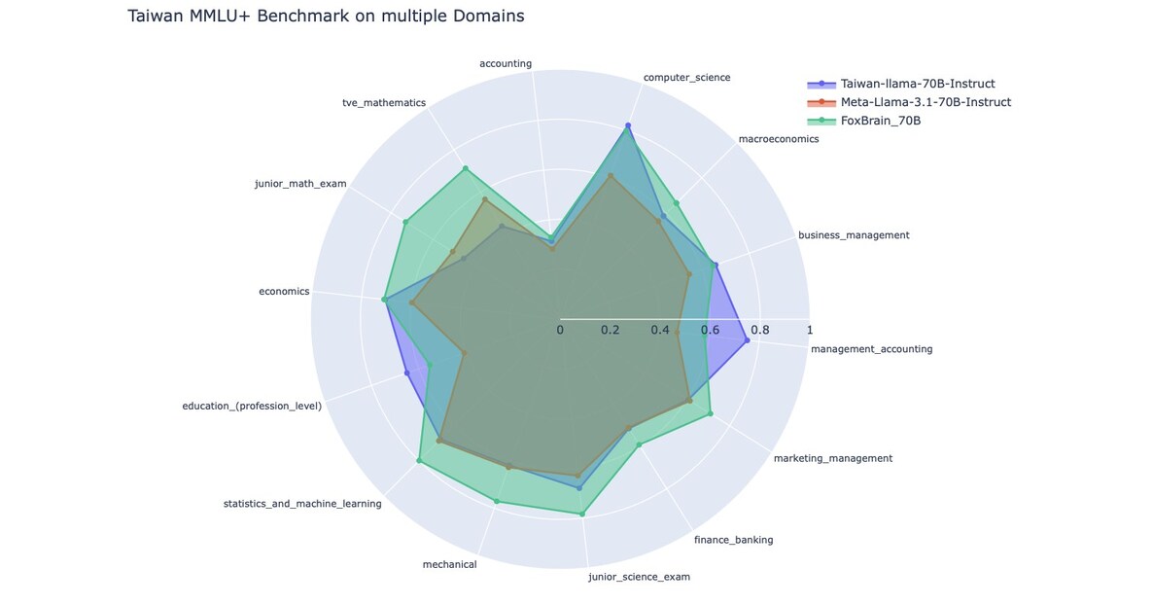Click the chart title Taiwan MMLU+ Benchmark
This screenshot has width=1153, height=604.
pyautogui.click(x=326, y=16)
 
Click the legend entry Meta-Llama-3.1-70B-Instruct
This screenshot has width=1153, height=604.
pyautogui.click(x=926, y=102)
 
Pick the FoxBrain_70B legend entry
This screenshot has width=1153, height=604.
pyautogui.click(x=880, y=121)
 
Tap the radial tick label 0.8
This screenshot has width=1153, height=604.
pyautogui.click(x=759, y=331)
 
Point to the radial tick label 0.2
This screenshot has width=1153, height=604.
pyautogui.click(x=610, y=331)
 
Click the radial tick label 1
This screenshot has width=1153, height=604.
pyautogui.click(x=810, y=331)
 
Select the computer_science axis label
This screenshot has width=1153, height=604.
pyautogui.click(x=686, y=77)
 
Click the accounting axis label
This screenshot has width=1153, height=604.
pyautogui.click(x=506, y=64)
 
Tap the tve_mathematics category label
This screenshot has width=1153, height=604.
pyautogui.click(x=384, y=102)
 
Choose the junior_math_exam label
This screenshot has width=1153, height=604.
pyautogui.click(x=300, y=183)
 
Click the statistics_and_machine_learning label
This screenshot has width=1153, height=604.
pyautogui.click(x=302, y=504)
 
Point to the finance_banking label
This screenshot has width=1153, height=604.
pyautogui.click(x=733, y=540)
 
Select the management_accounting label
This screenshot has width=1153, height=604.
pyautogui.click(x=871, y=349)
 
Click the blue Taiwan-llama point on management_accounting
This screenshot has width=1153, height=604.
pyautogui.click(x=747, y=340)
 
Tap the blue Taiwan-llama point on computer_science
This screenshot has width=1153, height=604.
pyautogui.click(x=628, y=125)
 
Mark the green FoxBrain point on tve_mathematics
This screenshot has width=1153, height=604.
pyautogui.click(x=465, y=168)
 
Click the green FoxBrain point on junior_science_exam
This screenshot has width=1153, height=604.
pyautogui.click(x=582, y=514)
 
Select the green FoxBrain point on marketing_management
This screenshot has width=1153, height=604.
pyautogui.click(x=711, y=413)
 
